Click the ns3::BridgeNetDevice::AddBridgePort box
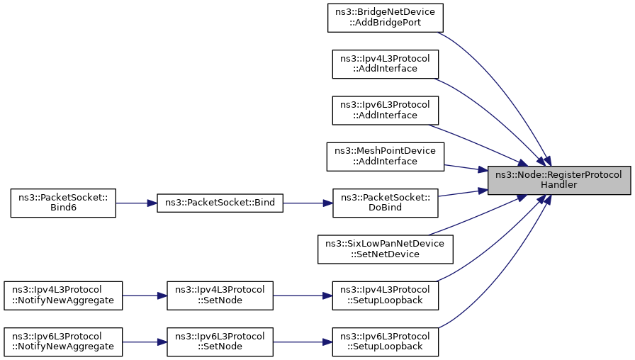[x=385, y=18]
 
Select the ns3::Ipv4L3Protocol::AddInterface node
[x=385, y=64]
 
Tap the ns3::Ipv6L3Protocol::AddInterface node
[x=385, y=110]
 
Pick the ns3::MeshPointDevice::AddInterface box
[x=385, y=157]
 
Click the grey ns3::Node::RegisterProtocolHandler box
[x=559, y=180]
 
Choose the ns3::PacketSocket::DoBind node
[x=385, y=203]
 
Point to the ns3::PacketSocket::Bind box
[x=220, y=203]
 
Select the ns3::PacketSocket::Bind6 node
[x=63, y=203]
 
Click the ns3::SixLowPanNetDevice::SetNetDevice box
[x=385, y=249]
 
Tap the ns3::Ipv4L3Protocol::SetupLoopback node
[x=385, y=296]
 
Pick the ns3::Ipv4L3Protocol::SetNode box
[x=220, y=296]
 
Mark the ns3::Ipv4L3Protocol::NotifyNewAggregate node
[x=63, y=296]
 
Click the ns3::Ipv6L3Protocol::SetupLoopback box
[x=385, y=342]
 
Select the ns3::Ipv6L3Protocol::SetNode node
[x=220, y=342]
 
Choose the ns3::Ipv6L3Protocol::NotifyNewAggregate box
[x=63, y=342]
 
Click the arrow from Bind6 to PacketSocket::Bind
[x=137, y=203]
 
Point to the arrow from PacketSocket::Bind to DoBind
[x=308, y=203]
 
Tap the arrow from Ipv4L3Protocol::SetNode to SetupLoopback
[x=303, y=296]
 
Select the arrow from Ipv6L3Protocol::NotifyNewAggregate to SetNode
[x=145, y=342]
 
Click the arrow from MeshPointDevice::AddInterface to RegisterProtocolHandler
[x=466, y=168]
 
